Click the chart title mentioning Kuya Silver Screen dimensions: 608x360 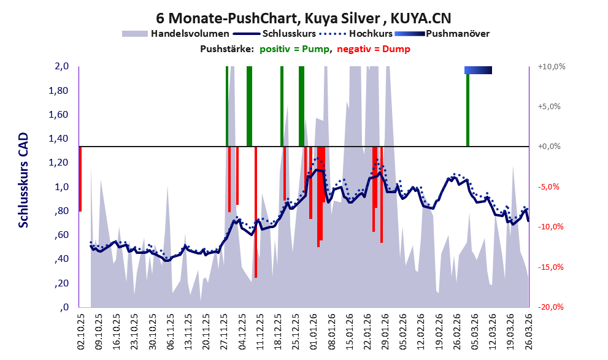pyautogui.click(x=304, y=18)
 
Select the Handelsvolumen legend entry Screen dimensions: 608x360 pyautogui.click(x=175, y=34)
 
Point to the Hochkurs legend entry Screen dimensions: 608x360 pyautogui.click(x=356, y=34)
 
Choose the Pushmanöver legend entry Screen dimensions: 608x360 pyautogui.click(x=442, y=34)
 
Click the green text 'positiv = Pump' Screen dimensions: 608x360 pyautogui.click(x=295, y=49)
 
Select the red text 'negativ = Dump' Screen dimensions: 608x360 pyautogui.click(x=374, y=49)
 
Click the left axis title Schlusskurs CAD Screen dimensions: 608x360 pyautogui.click(x=24, y=180)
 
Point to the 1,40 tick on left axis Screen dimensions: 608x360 pyautogui.click(x=58, y=139)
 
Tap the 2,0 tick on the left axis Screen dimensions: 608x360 pyautogui.click(x=61, y=66)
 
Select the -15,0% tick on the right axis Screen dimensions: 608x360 pyautogui.click(x=550, y=267)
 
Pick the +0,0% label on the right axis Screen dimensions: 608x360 pyautogui.click(x=549, y=147)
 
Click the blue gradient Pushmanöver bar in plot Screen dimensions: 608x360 pyautogui.click(x=478, y=70)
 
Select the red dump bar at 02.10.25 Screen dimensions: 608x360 pyautogui.click(x=80, y=179)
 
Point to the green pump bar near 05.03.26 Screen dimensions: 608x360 pyautogui.click(x=468, y=110)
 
